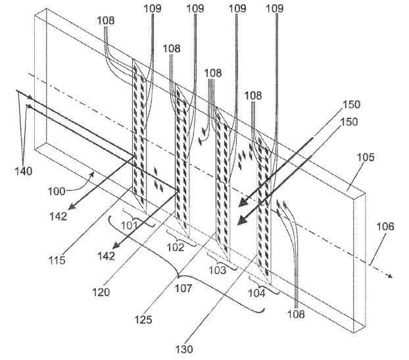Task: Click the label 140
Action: click(x=24, y=171)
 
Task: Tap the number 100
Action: click(x=57, y=192)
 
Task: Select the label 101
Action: click(x=130, y=225)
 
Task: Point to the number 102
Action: click(x=176, y=247)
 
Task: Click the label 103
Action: click(x=217, y=270)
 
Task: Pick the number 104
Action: click(x=256, y=294)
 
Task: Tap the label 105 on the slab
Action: click(x=366, y=157)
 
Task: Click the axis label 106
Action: click(x=385, y=226)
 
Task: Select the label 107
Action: click(x=183, y=288)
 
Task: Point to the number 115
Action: click(x=57, y=260)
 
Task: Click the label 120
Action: click(x=101, y=292)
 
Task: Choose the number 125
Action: click(x=143, y=319)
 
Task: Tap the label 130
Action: click(x=184, y=349)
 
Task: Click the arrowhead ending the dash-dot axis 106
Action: click(x=390, y=276)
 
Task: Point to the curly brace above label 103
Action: click(x=222, y=263)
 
